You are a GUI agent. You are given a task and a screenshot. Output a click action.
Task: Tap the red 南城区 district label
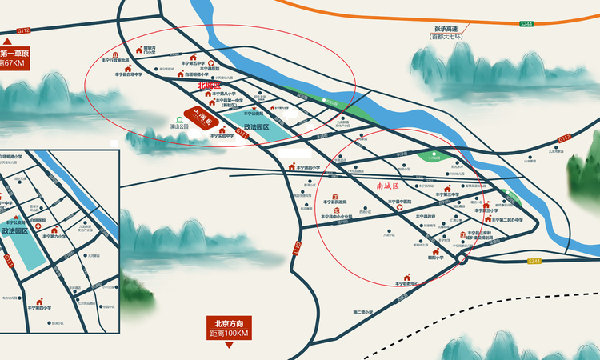coord(393,186)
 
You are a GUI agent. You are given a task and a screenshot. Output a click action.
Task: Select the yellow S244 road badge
coord(535,261)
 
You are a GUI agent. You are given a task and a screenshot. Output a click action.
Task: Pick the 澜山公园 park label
coord(179,126)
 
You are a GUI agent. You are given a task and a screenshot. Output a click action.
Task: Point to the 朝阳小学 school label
coord(436,258)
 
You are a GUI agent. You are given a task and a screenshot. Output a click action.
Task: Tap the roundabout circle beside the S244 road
coord(461,258)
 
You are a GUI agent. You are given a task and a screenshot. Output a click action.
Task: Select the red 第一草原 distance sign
coord(14,58)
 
